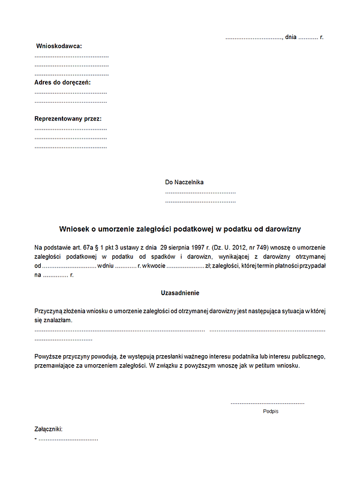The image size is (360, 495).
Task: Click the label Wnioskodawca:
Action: coord(59,46)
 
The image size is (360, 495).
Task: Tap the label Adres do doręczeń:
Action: coord(62,82)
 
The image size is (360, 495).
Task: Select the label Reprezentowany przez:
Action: coord(68,119)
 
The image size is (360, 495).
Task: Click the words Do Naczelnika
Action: coord(185,182)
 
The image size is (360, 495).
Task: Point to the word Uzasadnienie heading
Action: coord(180,293)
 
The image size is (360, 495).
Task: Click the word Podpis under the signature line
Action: coord(271,412)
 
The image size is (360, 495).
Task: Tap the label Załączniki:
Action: coord(49,429)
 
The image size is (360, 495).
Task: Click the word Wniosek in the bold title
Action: coord(74,229)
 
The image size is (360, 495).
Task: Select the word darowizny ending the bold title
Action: coord(284,229)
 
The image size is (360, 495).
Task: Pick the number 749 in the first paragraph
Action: coord(263,247)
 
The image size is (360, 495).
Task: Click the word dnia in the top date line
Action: coord(291,37)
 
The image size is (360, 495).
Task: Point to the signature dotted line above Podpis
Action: coord(267,403)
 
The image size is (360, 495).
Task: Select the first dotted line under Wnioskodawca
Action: coord(71,56)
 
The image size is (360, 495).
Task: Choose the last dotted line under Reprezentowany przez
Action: coord(71,147)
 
